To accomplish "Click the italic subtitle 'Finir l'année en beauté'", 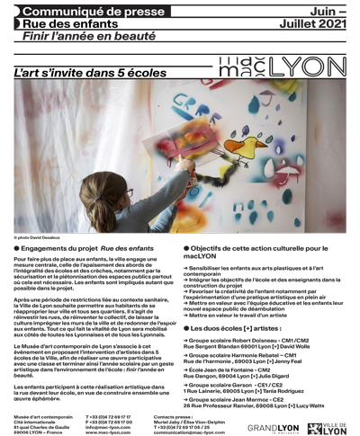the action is [x=83, y=37].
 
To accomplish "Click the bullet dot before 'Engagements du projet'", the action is [x=17, y=248].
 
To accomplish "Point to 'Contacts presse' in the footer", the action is [x=174, y=416].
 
